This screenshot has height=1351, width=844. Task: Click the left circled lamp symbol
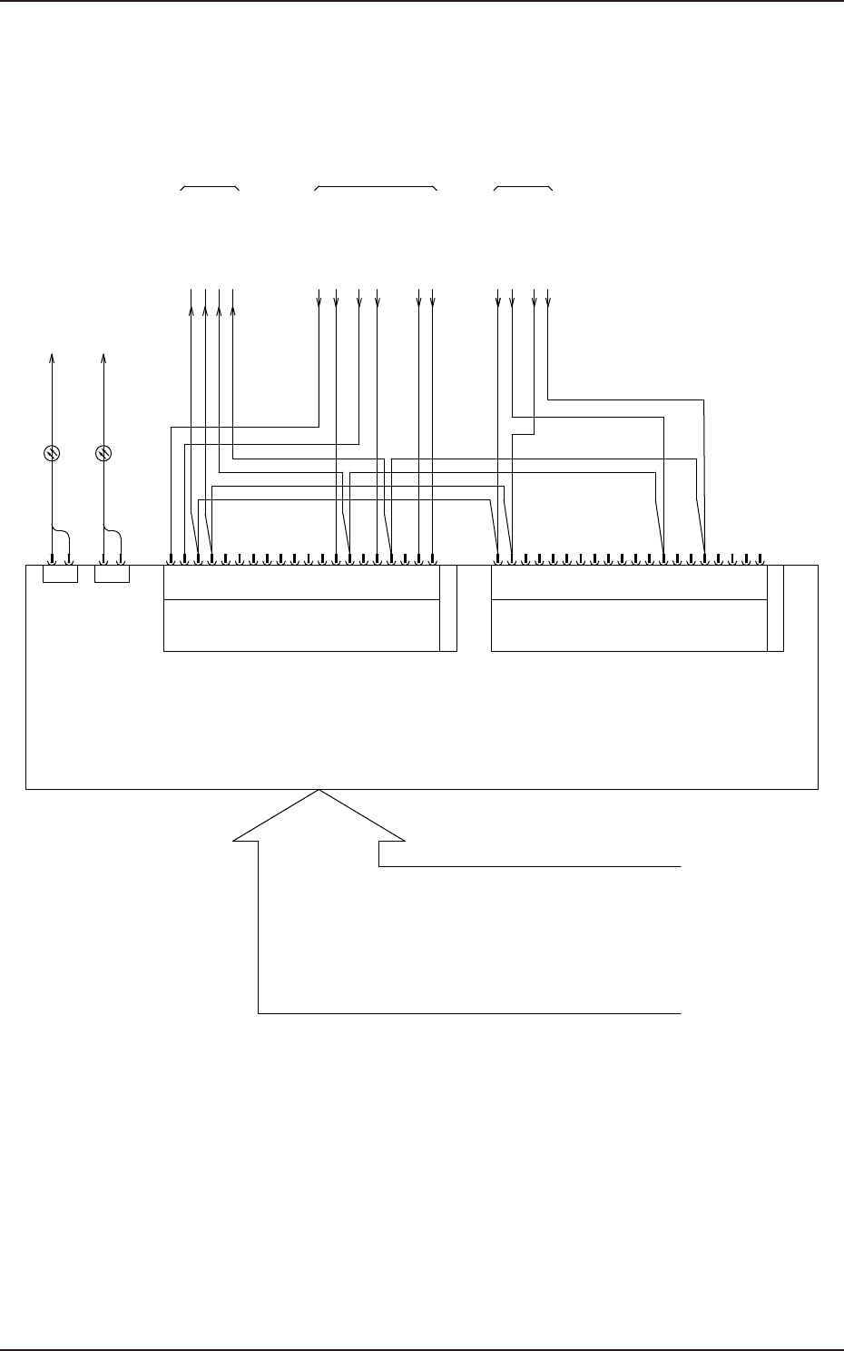52,452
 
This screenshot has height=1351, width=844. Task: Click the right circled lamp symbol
103,452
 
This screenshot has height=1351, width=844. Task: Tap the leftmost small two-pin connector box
61,574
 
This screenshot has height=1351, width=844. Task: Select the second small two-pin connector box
113,574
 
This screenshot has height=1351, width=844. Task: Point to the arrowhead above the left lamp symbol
52,358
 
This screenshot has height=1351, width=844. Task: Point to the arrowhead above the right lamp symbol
103,358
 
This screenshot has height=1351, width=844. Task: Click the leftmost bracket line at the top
210,186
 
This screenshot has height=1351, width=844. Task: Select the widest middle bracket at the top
375,186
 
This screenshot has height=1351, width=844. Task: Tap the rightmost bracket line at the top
523,186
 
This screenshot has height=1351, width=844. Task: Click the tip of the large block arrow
319,792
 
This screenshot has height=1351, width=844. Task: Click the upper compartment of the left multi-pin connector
300,582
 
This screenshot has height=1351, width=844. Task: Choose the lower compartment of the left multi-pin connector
300,626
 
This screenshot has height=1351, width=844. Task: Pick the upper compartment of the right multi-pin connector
628,582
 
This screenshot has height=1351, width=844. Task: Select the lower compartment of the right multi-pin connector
628,626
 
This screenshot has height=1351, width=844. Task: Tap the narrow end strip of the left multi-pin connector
447,607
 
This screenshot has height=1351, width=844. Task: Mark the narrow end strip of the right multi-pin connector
775,607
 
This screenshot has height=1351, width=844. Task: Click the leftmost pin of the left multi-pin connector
172,559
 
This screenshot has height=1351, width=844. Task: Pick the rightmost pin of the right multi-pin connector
760,559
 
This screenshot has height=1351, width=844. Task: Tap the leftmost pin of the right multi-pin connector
498,559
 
